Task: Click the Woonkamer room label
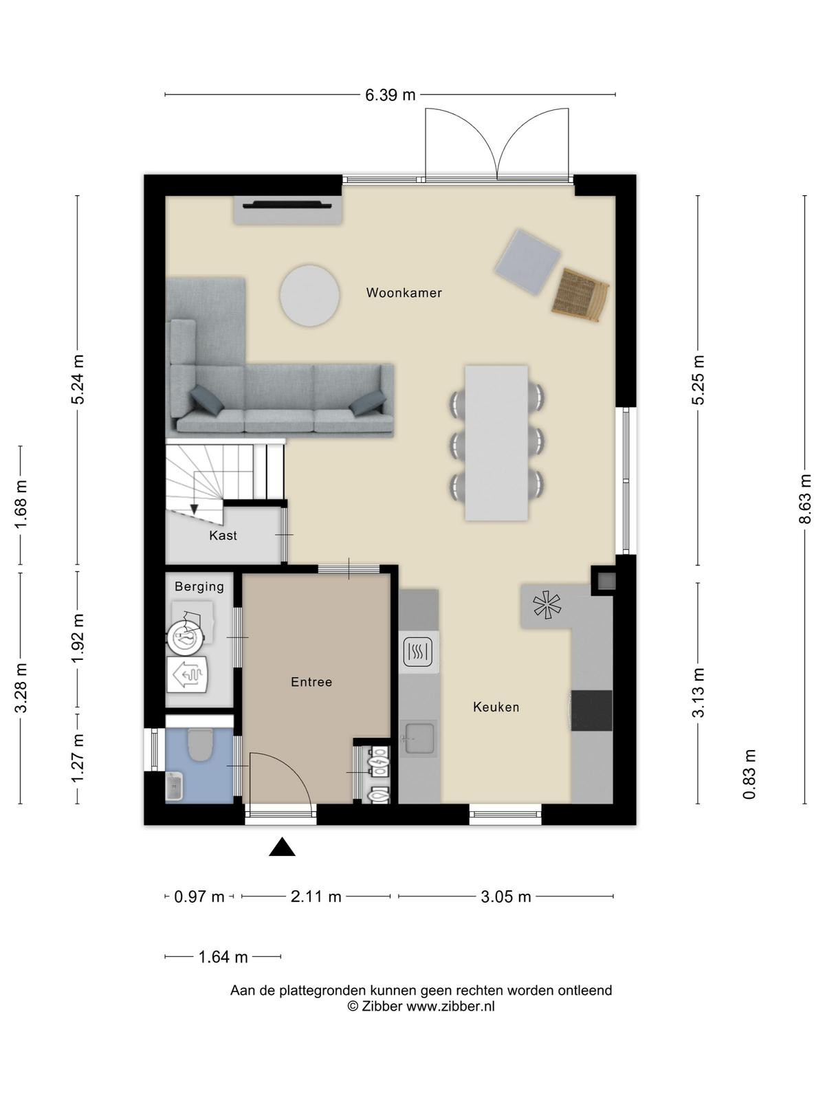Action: point(404,293)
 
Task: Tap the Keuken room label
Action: point(496,707)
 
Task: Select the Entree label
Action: point(311,682)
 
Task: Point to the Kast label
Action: point(223,536)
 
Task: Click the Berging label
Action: point(199,586)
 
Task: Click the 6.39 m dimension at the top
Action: point(390,95)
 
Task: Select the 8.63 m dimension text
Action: point(804,498)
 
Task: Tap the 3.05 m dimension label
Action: point(506,896)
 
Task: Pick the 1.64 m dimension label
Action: point(223,957)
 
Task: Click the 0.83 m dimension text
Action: point(749,774)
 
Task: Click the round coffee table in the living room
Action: point(309,296)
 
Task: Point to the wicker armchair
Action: point(580,295)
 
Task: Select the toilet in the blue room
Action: point(200,745)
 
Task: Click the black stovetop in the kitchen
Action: point(591,711)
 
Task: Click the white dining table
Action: point(496,443)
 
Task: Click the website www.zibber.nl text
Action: point(450,1006)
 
